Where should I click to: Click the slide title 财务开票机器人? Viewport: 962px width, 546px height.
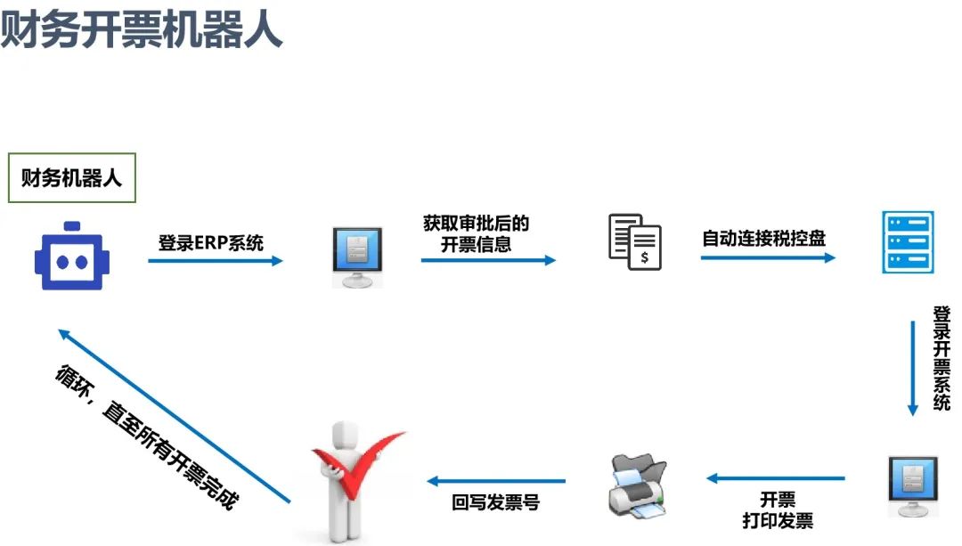142,29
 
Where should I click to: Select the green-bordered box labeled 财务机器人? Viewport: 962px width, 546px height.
71,178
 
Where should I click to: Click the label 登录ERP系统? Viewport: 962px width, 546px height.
211,241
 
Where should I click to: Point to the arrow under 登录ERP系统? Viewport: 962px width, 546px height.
215,261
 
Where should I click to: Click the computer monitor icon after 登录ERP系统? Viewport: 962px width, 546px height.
357,256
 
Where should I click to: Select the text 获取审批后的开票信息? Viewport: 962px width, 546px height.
476,233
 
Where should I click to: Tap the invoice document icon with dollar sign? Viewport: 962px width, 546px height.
635,240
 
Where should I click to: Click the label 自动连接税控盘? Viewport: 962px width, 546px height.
763,239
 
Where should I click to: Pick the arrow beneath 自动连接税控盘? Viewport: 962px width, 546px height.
768,257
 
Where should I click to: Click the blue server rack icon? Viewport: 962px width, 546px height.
907,241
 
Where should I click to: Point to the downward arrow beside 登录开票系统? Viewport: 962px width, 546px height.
912,367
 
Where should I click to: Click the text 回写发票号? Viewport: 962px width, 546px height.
495,502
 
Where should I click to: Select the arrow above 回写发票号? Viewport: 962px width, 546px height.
495,481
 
